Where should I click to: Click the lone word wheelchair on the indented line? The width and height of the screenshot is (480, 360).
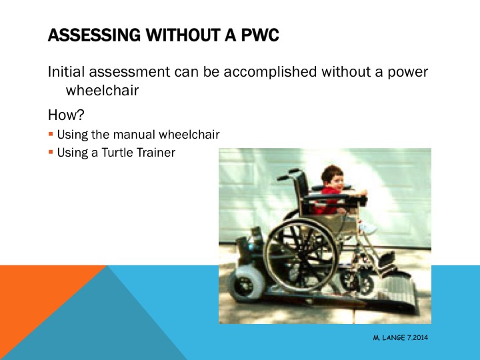[102, 90]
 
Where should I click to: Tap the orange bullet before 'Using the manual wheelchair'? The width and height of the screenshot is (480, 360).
[51, 135]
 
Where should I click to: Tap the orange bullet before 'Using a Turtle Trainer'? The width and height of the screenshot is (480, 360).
[51, 153]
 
